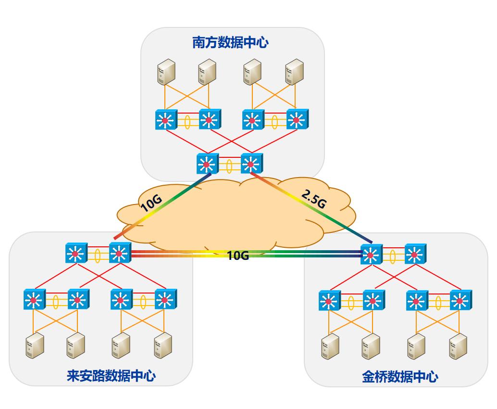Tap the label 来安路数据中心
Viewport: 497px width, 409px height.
click(111, 375)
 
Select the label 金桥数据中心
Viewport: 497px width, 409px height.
click(400, 376)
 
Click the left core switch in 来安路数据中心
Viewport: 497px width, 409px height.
click(76, 253)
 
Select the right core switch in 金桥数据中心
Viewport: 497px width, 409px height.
click(415, 253)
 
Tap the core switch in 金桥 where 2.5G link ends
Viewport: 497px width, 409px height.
click(371, 253)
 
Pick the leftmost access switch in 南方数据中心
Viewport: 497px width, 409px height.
click(166, 120)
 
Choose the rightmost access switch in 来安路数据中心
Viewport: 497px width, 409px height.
click(165, 300)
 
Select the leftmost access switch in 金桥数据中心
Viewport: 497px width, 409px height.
click(329, 301)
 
